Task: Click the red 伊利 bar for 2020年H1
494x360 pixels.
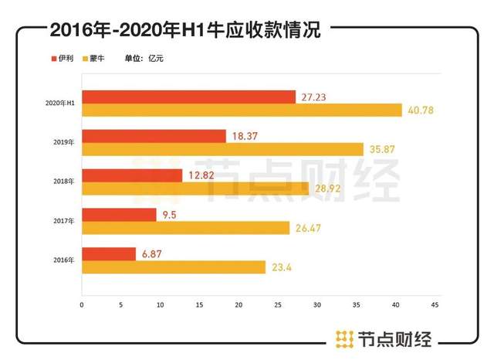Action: coord(188,97)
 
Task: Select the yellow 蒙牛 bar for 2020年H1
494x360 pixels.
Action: coord(242,110)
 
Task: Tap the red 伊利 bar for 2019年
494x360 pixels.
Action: coord(154,136)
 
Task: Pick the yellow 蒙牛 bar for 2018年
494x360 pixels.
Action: coord(195,188)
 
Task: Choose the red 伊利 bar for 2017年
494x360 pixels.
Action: coord(119,214)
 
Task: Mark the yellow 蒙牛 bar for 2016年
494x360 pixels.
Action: coord(173,267)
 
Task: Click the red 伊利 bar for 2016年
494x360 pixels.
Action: coord(109,253)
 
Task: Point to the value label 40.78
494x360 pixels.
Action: coord(421,110)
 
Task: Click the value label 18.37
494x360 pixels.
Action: coord(245,136)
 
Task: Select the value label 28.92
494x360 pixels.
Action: coord(327,188)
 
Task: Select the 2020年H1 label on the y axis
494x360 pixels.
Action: coord(60,103)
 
